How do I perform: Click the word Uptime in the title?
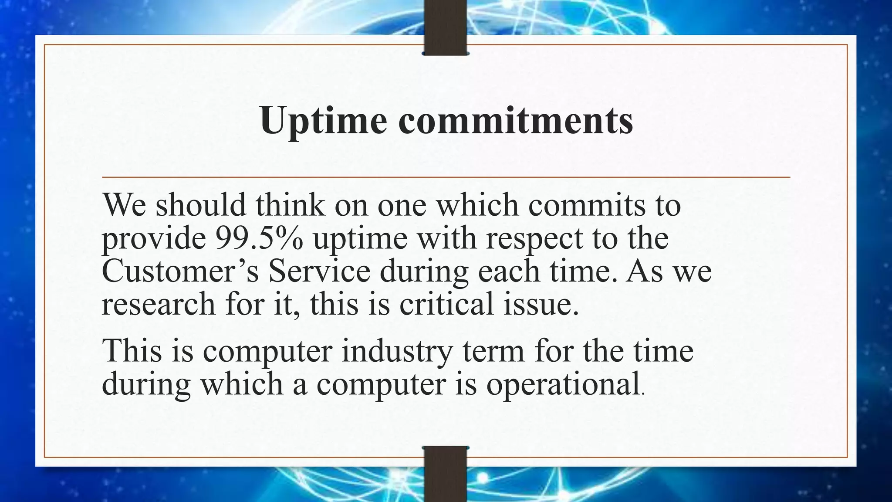point(323,120)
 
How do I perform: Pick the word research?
point(159,304)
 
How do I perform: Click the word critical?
point(446,304)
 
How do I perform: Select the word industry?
point(397,351)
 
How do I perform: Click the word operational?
point(562,384)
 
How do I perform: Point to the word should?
point(201,205)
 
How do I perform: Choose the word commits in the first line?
point(587,205)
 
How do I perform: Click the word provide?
point(154,239)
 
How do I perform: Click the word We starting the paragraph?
point(124,205)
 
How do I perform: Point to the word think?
point(290,205)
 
